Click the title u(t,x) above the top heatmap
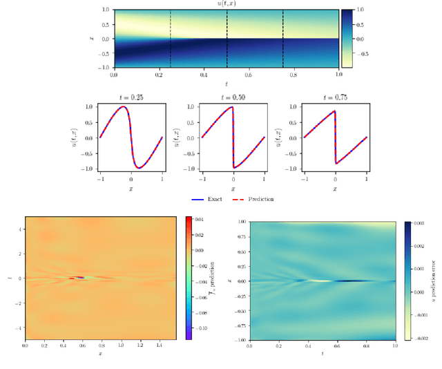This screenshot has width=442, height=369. click(226, 4)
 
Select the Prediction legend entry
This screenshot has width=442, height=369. click(260, 199)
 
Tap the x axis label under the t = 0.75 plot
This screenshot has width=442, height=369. click(335, 188)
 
